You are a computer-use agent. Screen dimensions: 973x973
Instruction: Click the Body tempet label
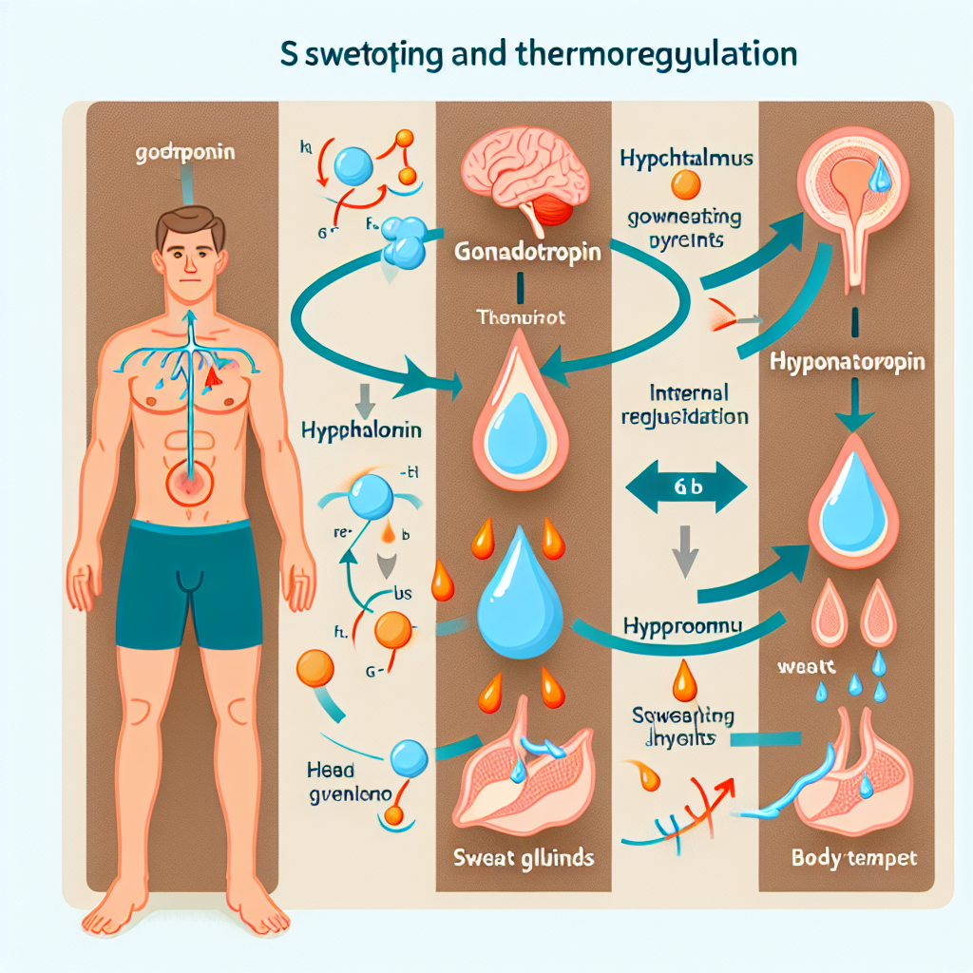[x=854, y=858]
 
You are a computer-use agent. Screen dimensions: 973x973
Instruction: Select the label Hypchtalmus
[x=686, y=158]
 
